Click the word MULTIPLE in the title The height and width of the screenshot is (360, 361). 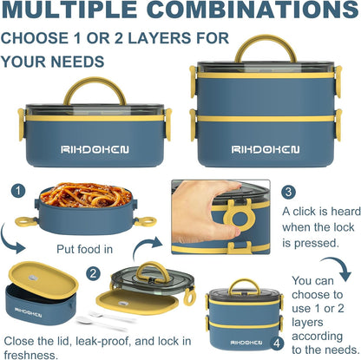click(69, 10)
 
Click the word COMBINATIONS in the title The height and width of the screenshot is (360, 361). click(254, 10)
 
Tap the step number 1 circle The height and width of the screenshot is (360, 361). click(18, 191)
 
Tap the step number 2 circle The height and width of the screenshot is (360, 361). click(93, 273)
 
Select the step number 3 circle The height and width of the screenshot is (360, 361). click(288, 192)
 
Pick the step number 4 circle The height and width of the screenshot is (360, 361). click(277, 344)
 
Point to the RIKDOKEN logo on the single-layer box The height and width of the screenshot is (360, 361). click(95, 149)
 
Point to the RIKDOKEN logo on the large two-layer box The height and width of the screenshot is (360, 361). click(266, 149)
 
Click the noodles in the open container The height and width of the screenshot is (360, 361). click(86, 194)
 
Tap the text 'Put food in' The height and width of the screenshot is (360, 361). click(84, 249)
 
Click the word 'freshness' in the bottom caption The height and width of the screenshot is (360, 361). click(30, 355)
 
